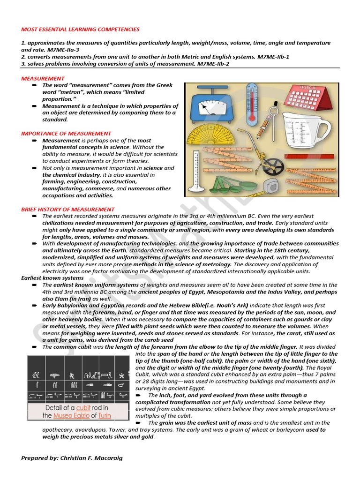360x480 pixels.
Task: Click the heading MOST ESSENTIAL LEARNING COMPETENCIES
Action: point(80,29)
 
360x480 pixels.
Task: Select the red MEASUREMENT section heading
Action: point(43,78)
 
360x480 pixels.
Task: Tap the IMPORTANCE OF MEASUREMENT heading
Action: point(66,134)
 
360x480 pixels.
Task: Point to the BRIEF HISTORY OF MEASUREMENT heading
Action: point(67,209)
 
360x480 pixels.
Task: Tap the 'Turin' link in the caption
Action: point(104,415)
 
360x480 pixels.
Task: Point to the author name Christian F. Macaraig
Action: point(91,457)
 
